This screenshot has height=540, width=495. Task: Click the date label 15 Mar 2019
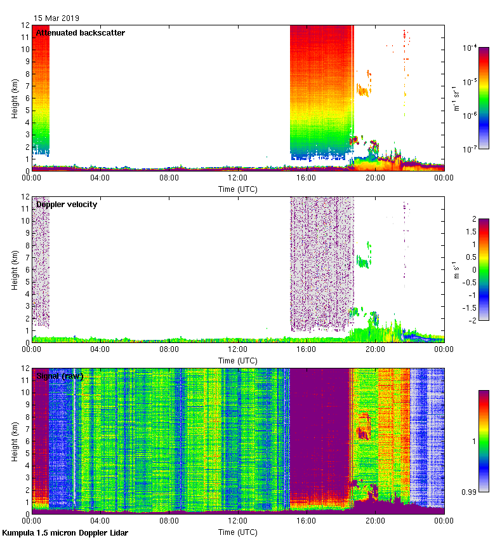click(56, 18)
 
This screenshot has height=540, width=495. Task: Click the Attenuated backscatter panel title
click(81, 33)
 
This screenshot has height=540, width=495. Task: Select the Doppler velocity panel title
click(67, 205)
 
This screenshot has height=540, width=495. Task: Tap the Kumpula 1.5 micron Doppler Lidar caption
click(65, 533)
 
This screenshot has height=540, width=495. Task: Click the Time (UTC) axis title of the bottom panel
click(237, 532)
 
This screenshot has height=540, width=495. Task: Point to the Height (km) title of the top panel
click(13, 98)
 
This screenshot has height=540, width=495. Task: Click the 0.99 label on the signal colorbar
click(468, 492)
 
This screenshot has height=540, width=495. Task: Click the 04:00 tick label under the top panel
click(100, 179)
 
